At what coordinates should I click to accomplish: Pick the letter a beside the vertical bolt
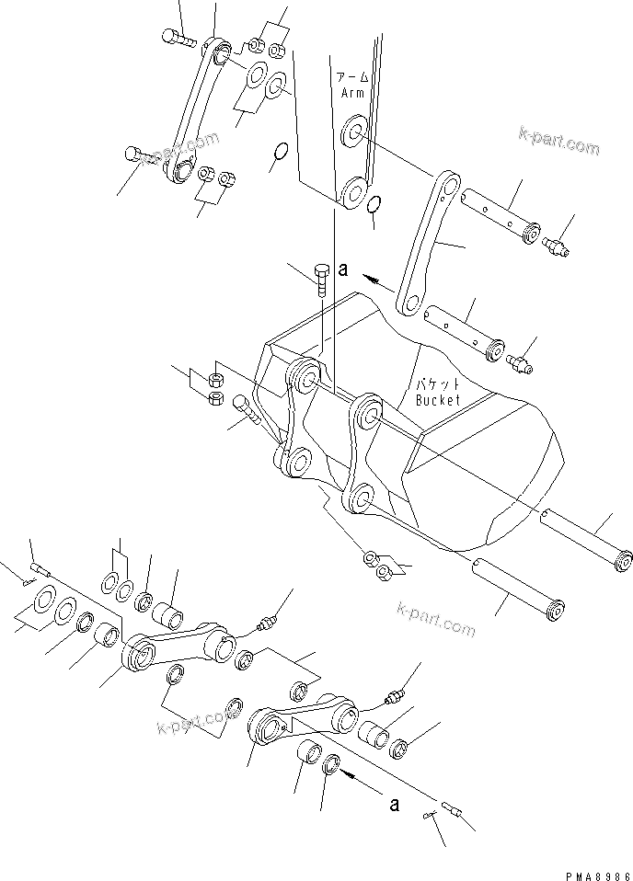pos(342,269)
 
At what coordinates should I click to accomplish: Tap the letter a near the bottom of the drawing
pos(394,804)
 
